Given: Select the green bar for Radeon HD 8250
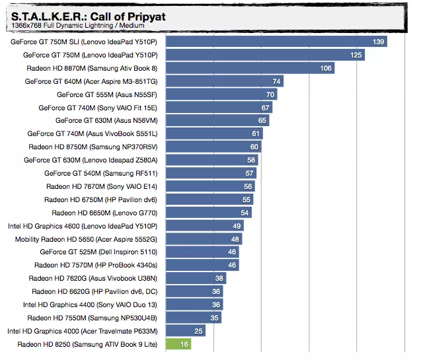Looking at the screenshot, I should point(178,343).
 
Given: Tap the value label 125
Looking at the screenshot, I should point(356,55).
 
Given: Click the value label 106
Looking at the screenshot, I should point(325,68).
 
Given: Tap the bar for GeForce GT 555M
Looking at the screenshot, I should point(221,94).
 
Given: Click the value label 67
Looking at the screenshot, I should point(266,107).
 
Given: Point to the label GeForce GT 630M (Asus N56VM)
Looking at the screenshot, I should point(106,120).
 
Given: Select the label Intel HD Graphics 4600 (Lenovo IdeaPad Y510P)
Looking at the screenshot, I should point(83,225).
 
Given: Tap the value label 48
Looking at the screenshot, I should point(235,238).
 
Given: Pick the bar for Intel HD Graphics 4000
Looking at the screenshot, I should point(184,330).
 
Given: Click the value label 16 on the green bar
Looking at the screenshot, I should point(184,343).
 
